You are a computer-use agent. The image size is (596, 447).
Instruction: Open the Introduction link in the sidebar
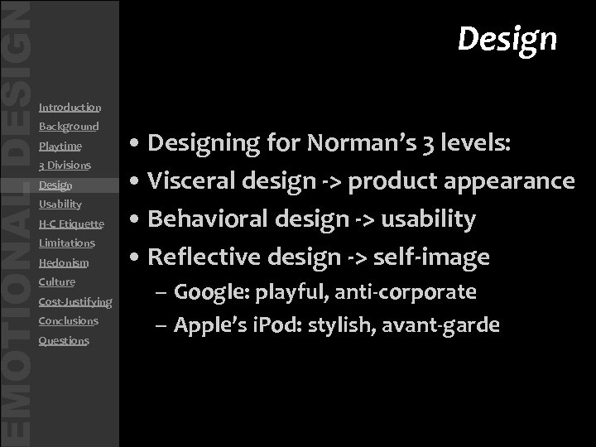(x=70, y=108)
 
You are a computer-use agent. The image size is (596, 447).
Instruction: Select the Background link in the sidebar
(x=69, y=127)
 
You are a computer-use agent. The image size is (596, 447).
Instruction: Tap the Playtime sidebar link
(x=60, y=147)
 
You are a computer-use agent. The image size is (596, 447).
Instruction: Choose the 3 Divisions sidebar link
(x=65, y=166)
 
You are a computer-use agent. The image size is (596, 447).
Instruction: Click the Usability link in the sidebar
(x=60, y=204)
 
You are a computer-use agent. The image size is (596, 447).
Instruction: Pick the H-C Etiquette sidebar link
(x=71, y=224)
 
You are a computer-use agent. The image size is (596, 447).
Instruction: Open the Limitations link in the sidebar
(x=67, y=243)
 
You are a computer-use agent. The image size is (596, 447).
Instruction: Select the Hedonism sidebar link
(x=64, y=263)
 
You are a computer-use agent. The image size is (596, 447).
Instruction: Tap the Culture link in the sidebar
(x=57, y=282)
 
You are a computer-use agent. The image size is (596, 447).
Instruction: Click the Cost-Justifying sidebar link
(x=75, y=302)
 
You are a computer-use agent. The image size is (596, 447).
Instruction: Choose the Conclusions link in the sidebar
(x=69, y=321)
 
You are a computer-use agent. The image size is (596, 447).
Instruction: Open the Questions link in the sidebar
(x=64, y=341)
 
